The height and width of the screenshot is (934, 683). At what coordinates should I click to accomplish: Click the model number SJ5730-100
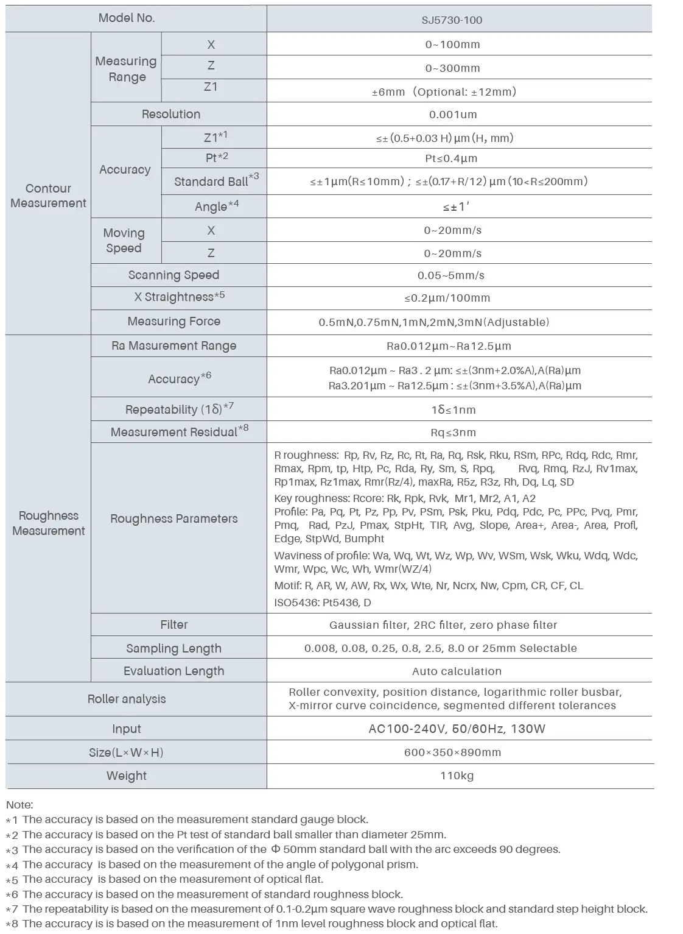click(x=452, y=20)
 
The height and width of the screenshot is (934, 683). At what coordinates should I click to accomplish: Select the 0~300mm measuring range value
click(x=452, y=68)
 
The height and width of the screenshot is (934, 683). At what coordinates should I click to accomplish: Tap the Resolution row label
click(x=171, y=114)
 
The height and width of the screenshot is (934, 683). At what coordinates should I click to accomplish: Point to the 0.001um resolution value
click(x=453, y=115)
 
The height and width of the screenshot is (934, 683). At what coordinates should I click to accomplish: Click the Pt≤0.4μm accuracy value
click(x=451, y=158)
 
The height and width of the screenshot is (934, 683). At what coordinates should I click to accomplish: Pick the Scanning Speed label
click(x=173, y=275)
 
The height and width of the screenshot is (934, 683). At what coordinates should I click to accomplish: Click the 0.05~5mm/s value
click(x=451, y=275)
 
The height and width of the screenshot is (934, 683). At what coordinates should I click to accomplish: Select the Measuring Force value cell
click(x=433, y=322)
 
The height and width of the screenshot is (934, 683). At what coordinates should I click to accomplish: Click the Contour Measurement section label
click(x=48, y=196)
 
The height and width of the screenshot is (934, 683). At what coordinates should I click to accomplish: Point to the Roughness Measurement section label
click(x=48, y=523)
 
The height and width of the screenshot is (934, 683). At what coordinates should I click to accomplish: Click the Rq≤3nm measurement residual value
click(x=453, y=433)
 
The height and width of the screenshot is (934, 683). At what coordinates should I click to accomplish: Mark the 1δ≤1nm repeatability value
click(x=454, y=410)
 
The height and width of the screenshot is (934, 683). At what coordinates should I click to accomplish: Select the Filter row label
click(x=174, y=624)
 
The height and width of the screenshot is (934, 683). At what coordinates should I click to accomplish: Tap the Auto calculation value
click(x=457, y=671)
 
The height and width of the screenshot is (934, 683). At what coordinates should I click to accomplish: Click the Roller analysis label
click(x=127, y=699)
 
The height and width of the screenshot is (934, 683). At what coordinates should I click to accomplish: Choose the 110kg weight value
click(x=457, y=776)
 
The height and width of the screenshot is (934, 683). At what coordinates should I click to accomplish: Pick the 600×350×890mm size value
click(x=452, y=752)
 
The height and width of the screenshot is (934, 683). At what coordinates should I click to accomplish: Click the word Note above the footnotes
click(x=19, y=805)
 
